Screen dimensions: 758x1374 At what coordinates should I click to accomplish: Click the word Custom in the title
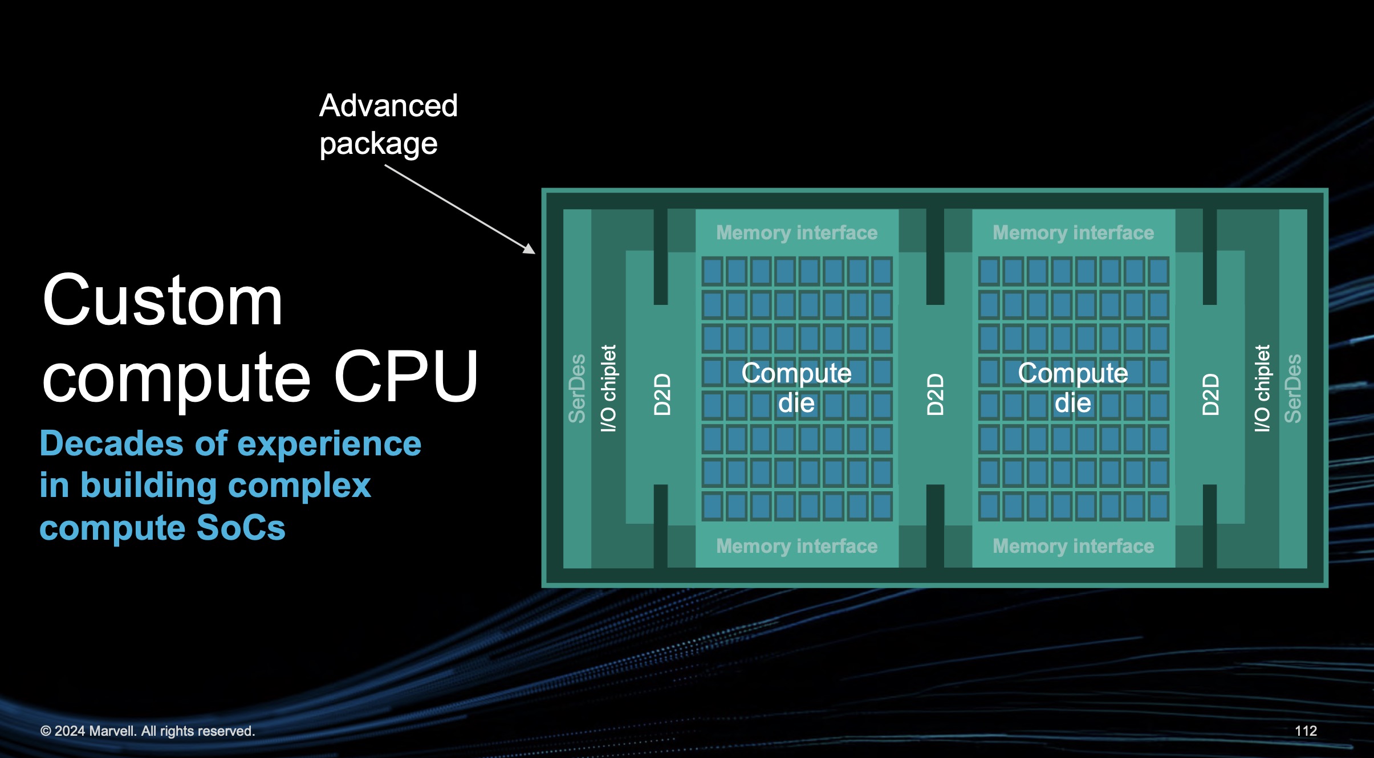162,301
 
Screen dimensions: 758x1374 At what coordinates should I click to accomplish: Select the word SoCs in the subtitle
241,528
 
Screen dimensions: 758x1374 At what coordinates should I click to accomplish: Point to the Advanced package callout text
388,124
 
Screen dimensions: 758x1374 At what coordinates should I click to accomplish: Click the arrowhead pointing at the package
530,249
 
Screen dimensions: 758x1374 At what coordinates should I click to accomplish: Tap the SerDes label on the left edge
577,388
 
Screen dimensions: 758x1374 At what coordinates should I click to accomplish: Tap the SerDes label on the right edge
1292,388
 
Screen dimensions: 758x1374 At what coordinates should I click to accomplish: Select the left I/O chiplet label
608,388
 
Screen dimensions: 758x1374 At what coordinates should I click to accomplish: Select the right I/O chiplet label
1262,388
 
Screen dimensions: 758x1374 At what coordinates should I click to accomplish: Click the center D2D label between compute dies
935,394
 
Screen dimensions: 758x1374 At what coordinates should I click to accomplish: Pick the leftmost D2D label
662,394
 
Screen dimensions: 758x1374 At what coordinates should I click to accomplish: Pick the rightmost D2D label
1210,394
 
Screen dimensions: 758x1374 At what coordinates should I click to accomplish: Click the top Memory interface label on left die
796,233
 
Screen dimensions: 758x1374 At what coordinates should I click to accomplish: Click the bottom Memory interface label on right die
1073,546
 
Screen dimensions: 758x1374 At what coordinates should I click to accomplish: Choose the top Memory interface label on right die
1073,233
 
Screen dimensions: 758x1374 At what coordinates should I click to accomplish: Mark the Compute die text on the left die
796,388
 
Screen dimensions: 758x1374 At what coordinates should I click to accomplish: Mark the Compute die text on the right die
1073,388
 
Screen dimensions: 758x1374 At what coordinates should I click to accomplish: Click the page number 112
1306,731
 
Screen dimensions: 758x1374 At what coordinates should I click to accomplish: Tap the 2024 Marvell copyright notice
148,731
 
